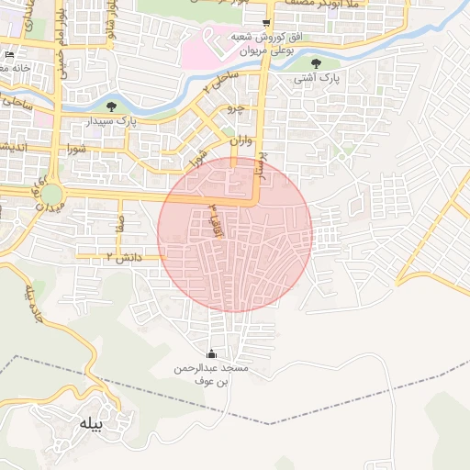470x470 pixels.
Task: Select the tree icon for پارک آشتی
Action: pos(317,63)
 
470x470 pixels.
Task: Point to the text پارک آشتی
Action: pos(317,79)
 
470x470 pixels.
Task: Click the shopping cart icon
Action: pos(266,22)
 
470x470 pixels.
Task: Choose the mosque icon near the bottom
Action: pos(212,354)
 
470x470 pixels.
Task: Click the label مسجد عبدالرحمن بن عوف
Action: pos(211,374)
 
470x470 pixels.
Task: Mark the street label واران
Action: pos(241,142)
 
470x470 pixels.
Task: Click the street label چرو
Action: pos(236,108)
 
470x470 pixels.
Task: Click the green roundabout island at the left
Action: pos(50,195)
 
